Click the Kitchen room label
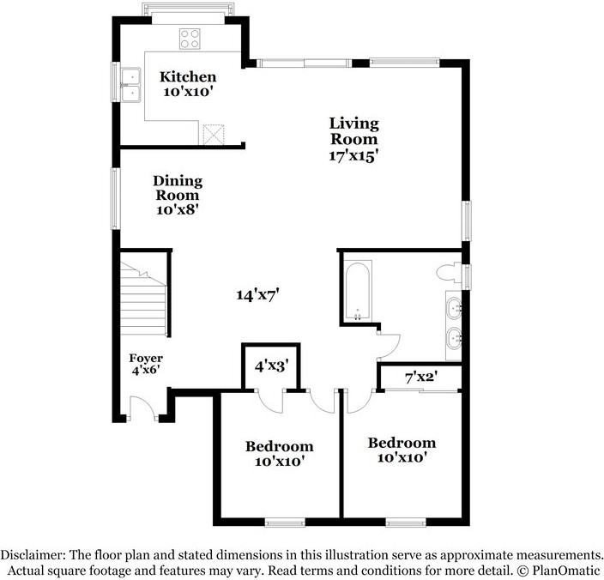tap(188, 77)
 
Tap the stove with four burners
tap(189, 38)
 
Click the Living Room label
tap(353, 131)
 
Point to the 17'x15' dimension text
tap(354, 156)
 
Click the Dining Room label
tap(178, 188)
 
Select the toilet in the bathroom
tap(447, 274)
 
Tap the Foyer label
tap(146, 358)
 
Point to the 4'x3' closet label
tap(272, 365)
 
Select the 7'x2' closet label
tap(421, 377)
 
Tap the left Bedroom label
tap(279, 446)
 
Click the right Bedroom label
tap(402, 443)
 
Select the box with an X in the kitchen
tap(213, 133)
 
